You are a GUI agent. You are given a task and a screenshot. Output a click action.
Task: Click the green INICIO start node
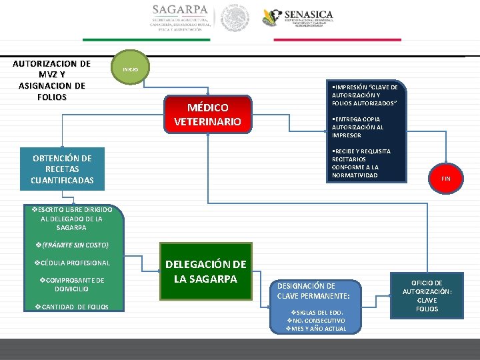tap(131, 69)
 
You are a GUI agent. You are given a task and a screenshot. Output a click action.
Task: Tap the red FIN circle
tap(445, 179)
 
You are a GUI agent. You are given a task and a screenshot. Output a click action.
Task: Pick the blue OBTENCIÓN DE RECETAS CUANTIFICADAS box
tap(63, 169)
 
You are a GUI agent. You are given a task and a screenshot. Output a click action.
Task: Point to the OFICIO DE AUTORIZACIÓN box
tap(427, 296)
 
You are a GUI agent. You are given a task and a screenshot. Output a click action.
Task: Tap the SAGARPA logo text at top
tap(180, 11)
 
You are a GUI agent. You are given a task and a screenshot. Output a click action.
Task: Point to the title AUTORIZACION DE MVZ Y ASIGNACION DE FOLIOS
tap(52, 80)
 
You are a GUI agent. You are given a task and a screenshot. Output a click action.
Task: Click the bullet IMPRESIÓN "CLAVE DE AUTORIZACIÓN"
tap(364, 95)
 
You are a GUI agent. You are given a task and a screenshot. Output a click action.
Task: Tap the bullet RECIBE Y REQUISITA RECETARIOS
tap(361, 163)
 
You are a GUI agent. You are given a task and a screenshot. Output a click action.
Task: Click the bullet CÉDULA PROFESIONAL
tap(71, 263)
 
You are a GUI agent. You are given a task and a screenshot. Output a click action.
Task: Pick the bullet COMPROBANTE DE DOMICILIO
tap(71, 285)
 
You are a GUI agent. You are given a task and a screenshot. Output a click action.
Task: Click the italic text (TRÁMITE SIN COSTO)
tap(71, 245)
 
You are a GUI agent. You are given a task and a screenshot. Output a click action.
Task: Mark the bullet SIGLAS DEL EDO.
tap(315, 312)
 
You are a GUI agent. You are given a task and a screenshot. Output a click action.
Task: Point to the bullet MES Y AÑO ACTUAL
tap(316, 328)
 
